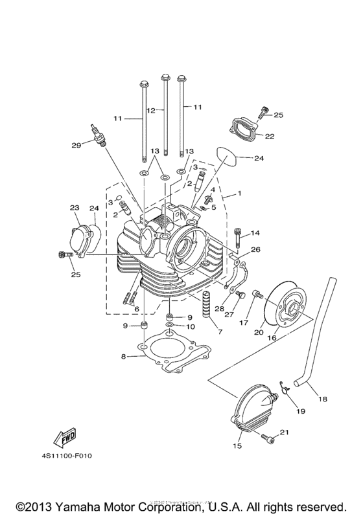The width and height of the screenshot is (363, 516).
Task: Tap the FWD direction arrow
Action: (x=65, y=440)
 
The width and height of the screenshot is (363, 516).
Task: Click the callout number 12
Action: (x=151, y=111)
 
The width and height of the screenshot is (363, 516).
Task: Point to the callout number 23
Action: (x=75, y=207)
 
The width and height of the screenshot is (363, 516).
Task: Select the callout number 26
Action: (x=255, y=249)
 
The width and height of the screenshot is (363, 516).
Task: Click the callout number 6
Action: (x=136, y=309)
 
